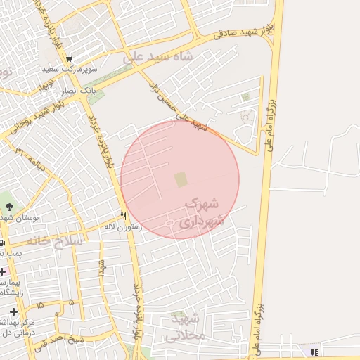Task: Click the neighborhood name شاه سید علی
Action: point(157,58)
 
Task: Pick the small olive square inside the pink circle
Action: point(181,180)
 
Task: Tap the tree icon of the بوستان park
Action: point(9,206)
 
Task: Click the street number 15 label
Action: point(39,304)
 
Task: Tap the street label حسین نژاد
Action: point(169,101)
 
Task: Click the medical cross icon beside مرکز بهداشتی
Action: point(14,311)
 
